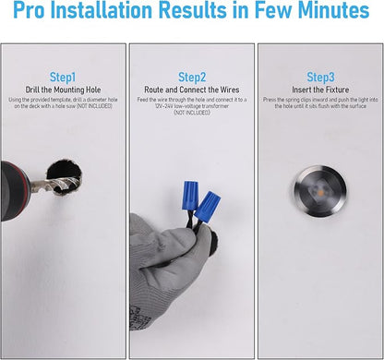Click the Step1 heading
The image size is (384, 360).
[x=63, y=78]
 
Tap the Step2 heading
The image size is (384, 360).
[x=192, y=78]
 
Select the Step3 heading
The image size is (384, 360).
[x=320, y=78]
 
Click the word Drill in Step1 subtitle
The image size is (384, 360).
[x=32, y=90]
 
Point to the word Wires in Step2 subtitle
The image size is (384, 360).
[x=230, y=90]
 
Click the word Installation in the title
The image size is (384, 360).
[x=102, y=10]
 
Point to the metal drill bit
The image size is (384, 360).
[x=54, y=185]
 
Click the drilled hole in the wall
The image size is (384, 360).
[x=65, y=177]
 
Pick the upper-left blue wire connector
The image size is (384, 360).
[x=190, y=196]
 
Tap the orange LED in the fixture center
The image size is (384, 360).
[x=320, y=193]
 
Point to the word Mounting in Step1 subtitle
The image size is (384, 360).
[x=69, y=90]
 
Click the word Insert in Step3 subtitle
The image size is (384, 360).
[x=301, y=90]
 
